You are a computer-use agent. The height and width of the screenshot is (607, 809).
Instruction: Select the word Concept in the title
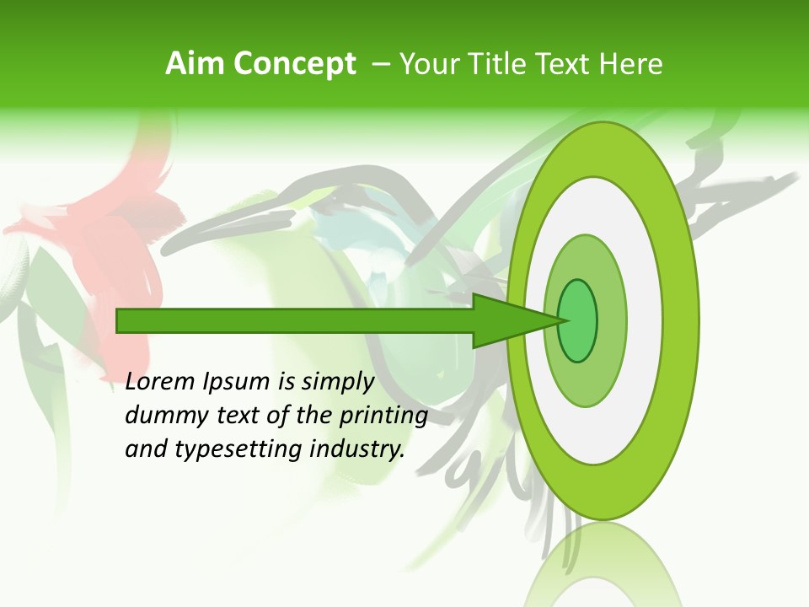(x=294, y=65)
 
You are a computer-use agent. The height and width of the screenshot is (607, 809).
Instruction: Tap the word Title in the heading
(x=501, y=64)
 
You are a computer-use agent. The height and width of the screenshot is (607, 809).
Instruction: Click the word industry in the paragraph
(x=357, y=449)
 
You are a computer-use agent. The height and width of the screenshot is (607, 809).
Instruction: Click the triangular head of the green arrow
(x=514, y=320)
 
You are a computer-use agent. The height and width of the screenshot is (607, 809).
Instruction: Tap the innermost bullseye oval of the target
(x=578, y=320)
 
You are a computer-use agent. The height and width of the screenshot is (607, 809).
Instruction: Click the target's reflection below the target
(x=603, y=565)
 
